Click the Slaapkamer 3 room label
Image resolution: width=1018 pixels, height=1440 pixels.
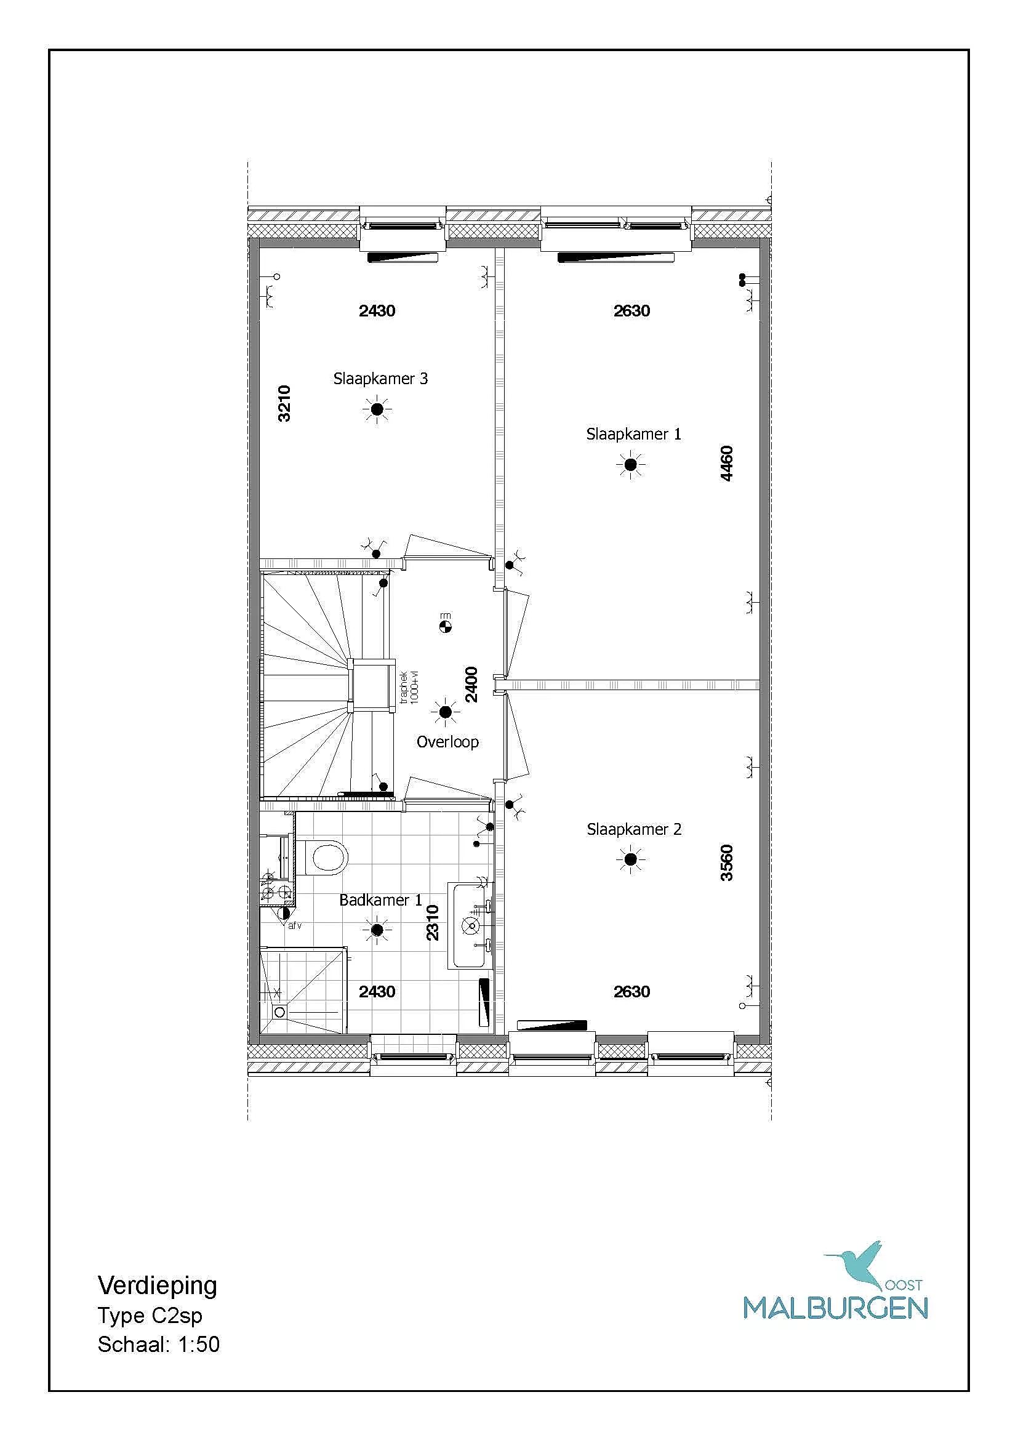coord(380,379)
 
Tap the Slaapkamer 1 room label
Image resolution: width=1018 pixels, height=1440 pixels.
coord(633,434)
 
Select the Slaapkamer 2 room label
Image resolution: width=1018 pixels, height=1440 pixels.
coord(634,829)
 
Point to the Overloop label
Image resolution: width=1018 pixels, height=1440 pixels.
coord(447,742)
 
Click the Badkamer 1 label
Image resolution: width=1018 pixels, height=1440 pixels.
coord(380,900)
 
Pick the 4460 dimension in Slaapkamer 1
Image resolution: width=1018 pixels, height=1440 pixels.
coord(726,464)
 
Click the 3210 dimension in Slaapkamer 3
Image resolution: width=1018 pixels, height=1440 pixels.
coord(284,403)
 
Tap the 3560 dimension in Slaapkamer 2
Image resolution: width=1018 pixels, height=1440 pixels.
coord(726,863)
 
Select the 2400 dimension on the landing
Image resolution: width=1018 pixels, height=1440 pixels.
coord(471,684)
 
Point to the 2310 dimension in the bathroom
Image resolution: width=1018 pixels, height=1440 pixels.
coord(433,923)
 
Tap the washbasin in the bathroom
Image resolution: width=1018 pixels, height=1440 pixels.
coord(470,925)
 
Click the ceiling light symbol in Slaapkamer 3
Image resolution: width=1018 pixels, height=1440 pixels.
coord(377,409)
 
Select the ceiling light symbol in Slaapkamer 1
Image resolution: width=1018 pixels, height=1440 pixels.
coord(631,465)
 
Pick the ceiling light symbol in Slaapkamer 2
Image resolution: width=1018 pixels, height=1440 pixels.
coord(631,859)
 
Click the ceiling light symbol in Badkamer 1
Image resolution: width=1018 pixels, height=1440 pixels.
coord(377,930)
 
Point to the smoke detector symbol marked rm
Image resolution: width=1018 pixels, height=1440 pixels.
coord(445,625)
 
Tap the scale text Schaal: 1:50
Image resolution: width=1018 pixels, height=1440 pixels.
coord(159,1344)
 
